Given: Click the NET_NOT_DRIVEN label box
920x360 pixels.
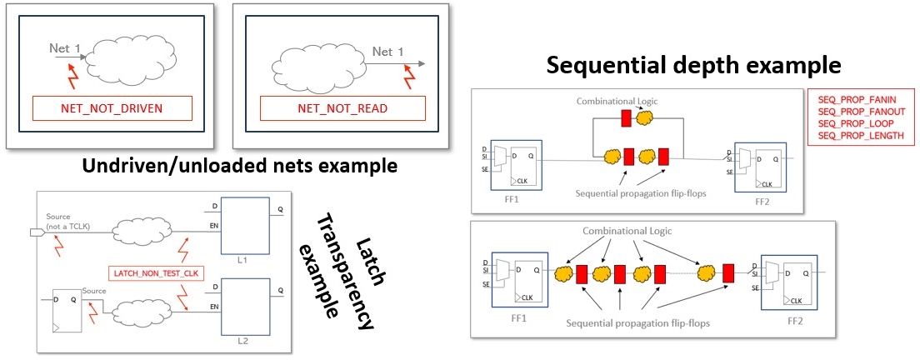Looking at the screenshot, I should (112, 108).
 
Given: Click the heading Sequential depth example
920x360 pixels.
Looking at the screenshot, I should (693, 65).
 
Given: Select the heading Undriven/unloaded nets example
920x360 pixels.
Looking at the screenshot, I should (239, 166).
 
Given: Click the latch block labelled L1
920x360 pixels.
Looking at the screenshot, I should (245, 226).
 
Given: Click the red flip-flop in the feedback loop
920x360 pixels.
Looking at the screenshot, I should (626, 119).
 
